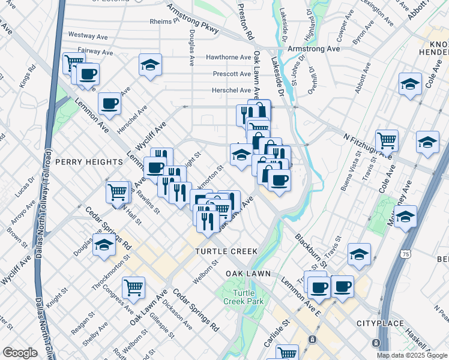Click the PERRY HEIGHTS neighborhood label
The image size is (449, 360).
click(89, 162)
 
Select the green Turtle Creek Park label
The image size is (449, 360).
click(240, 296)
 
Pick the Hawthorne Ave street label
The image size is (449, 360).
click(228, 58)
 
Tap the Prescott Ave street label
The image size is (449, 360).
click(232, 74)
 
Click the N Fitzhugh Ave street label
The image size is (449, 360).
click(367, 146)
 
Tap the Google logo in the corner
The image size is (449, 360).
click(20, 353)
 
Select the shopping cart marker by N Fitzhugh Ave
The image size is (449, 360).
click(387, 140)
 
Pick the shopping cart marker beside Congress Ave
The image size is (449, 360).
click(133, 287)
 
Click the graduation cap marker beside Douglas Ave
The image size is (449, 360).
click(104, 245)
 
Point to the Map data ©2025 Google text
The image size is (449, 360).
click(412, 355)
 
